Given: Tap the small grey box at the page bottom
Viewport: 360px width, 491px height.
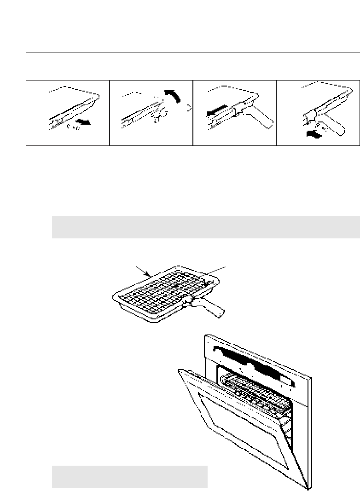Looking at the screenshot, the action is coord(129,477).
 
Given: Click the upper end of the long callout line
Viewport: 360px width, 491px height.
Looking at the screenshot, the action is coord(226,266).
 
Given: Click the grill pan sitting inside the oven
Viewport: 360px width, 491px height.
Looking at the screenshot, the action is coord(255,387).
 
